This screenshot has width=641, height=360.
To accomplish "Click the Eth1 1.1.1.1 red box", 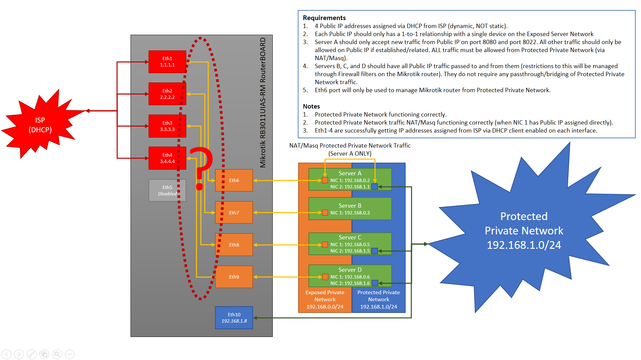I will pyautogui.click(x=167, y=61).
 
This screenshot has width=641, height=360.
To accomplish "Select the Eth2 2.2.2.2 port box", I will pyautogui.click(x=167, y=94).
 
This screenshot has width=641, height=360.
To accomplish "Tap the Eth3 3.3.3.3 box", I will pyautogui.click(x=167, y=126).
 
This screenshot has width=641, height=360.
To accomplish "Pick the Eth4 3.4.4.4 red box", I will pyautogui.click(x=167, y=158).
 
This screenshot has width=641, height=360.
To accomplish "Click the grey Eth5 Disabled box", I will pyautogui.click(x=167, y=190).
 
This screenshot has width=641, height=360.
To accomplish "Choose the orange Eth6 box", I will pyautogui.click(x=234, y=180).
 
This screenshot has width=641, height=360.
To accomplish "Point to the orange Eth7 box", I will pyautogui.click(x=234, y=212).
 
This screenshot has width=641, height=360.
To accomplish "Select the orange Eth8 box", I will pyautogui.click(x=234, y=244).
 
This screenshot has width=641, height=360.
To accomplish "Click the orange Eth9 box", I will pyautogui.click(x=234, y=277).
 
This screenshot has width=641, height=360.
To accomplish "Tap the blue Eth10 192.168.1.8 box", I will pyautogui.click(x=234, y=318).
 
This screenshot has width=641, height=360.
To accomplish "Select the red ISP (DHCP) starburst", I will pyautogui.click(x=40, y=125).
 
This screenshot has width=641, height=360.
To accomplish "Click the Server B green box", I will pyautogui.click(x=350, y=208).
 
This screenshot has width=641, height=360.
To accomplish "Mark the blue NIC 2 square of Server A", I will pyautogui.click(x=375, y=187).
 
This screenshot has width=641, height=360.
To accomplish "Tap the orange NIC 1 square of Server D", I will pyautogui.click(x=325, y=277).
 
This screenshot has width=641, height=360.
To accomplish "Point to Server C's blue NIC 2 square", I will pyautogui.click(x=375, y=251).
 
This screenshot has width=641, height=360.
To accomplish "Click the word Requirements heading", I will pyautogui.click(x=324, y=18).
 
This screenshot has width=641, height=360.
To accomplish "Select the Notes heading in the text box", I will pyautogui.click(x=311, y=106).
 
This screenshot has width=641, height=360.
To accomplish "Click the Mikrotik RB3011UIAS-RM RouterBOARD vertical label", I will pyautogui.click(x=263, y=102).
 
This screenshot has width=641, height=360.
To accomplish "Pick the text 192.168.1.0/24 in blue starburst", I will pyautogui.click(x=523, y=245).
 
